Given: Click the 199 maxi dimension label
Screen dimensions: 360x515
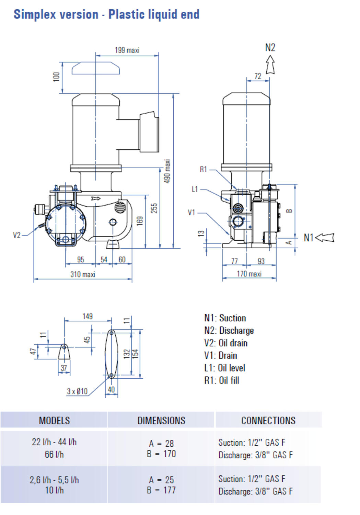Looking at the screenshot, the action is pyautogui.click(x=127, y=50).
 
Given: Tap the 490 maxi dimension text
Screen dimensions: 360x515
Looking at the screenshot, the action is pyautogui.click(x=167, y=171).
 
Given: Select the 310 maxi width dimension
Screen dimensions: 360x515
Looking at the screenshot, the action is pyautogui.click(x=83, y=274).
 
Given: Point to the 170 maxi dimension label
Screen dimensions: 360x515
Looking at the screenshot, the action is pyautogui.click(x=249, y=274).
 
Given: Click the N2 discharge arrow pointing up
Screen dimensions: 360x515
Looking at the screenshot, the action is pyautogui.click(x=270, y=65).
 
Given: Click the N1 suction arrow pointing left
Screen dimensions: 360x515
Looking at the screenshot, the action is pyautogui.click(x=325, y=238).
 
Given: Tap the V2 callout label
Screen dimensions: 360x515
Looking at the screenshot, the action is pyautogui.click(x=17, y=235).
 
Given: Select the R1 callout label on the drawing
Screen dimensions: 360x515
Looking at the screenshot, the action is pyautogui.click(x=203, y=170).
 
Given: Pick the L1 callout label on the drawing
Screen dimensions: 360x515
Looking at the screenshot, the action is pyautogui.click(x=195, y=189).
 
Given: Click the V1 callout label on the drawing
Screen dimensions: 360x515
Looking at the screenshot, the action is pyautogui.click(x=191, y=213).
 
